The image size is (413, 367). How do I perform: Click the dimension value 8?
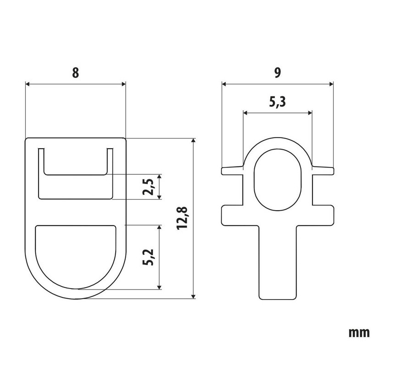[x=75, y=72]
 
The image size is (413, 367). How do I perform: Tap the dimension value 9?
[x=278, y=72]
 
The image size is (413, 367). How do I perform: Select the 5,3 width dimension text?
[x=277, y=102]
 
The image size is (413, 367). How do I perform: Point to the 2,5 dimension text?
[x=148, y=187]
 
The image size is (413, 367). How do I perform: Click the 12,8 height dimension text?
[x=182, y=218]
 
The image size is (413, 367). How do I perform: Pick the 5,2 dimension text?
[x=148, y=257]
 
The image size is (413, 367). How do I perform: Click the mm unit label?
[x=359, y=333]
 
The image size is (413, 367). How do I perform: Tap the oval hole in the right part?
[x=278, y=179]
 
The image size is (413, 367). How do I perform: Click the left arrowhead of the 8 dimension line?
[x=28, y=84]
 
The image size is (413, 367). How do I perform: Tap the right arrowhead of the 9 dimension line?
[x=331, y=84]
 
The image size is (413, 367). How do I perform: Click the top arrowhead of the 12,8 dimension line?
[x=194, y=140]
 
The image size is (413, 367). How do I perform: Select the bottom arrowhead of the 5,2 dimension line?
[x=159, y=287]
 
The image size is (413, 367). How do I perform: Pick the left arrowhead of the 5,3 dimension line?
[x=246, y=113]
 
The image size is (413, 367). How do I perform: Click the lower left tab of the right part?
[x=232, y=215]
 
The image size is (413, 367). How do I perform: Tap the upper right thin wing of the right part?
[x=323, y=170]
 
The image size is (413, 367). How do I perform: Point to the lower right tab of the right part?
[x=323, y=215]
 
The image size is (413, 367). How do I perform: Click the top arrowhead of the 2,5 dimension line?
[x=159, y=177]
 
